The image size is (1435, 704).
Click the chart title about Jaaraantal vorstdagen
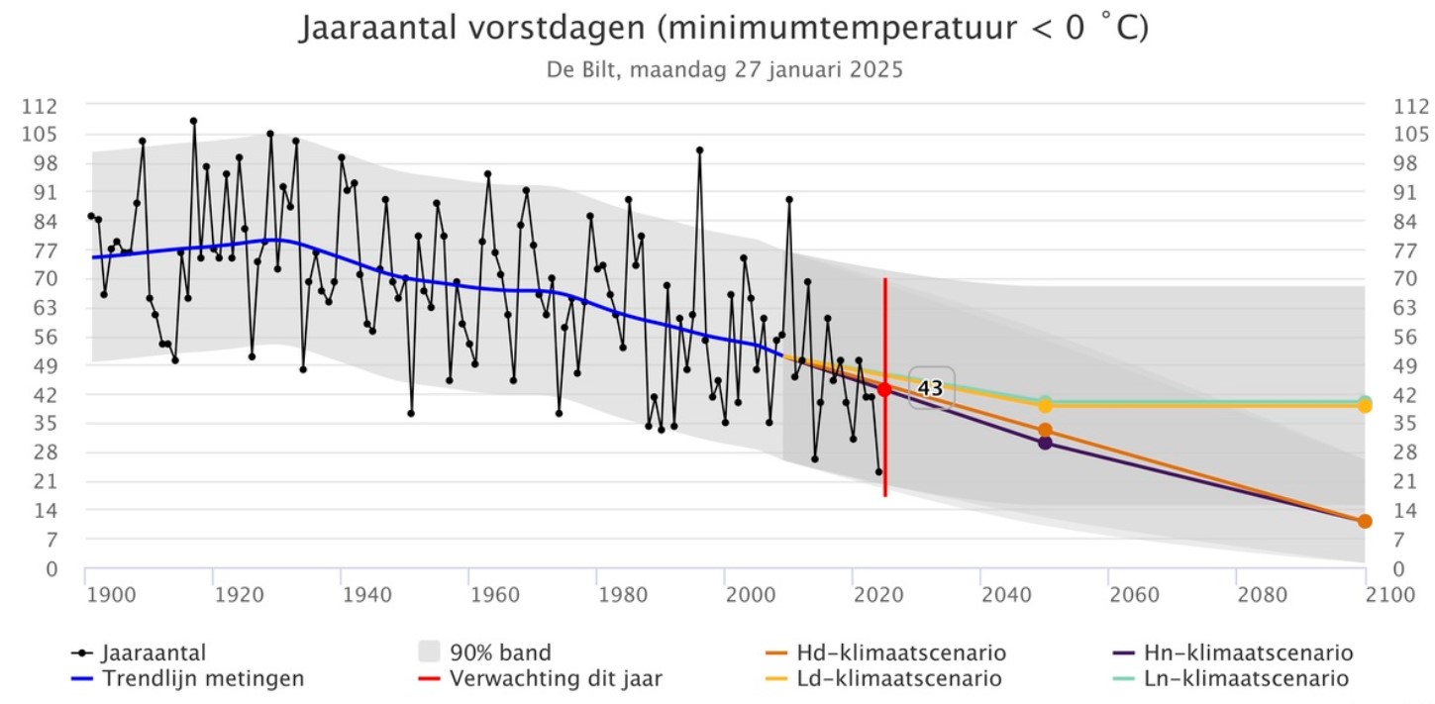723,28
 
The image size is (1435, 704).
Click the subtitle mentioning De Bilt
724,71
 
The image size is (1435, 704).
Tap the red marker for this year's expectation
884,389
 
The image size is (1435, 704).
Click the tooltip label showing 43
931,389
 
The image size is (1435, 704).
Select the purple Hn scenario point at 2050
1045,442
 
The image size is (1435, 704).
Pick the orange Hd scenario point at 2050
1045,430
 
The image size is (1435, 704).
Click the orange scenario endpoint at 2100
1365,521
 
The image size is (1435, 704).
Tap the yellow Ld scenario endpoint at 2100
1365,405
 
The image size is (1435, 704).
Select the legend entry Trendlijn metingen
188,679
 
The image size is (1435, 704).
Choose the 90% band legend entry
485,654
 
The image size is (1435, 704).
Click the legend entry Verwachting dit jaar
539,679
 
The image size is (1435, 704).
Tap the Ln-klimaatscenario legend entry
1232,679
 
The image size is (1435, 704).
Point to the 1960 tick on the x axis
494,595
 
